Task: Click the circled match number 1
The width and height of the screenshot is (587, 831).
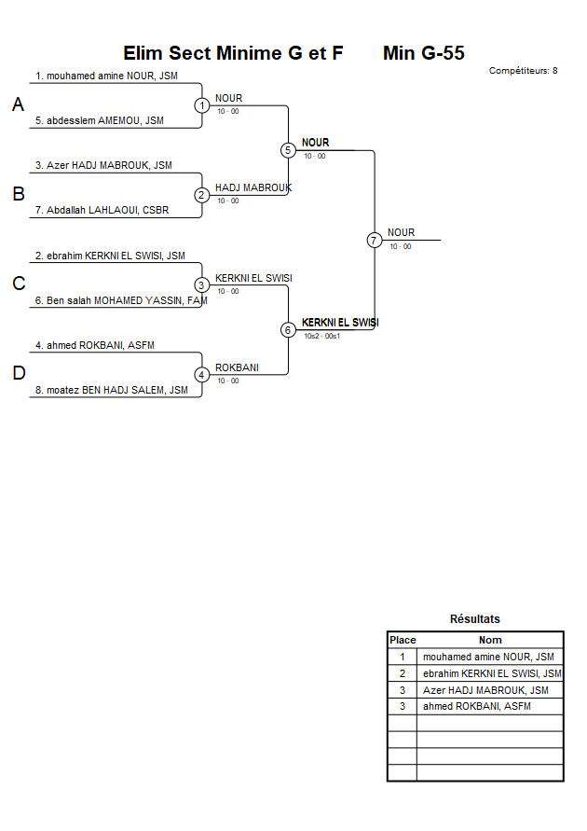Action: point(202,105)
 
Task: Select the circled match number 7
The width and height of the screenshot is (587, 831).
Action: point(374,240)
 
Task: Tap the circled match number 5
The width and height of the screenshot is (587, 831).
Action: point(288,150)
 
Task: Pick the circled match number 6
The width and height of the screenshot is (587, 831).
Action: point(288,330)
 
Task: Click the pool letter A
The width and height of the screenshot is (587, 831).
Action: point(18,105)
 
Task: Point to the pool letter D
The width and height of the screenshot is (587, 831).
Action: point(18,374)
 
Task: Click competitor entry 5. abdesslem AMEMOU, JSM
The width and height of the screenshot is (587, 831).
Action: point(100,120)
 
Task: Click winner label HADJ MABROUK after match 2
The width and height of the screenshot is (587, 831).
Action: point(253,187)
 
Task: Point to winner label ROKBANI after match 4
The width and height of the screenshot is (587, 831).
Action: point(237,367)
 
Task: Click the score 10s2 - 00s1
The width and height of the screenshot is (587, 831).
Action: point(321,336)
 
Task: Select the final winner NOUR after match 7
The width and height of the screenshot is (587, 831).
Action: point(402,232)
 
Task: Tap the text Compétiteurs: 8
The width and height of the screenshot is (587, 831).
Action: point(524,70)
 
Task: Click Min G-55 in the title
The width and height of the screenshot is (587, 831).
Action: point(424,53)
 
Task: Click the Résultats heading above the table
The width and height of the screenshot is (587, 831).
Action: point(475,618)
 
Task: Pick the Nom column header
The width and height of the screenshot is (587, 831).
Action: point(490,640)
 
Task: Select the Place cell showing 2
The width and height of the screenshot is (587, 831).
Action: point(403,673)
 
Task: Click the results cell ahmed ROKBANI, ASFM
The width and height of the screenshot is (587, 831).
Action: point(477,707)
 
